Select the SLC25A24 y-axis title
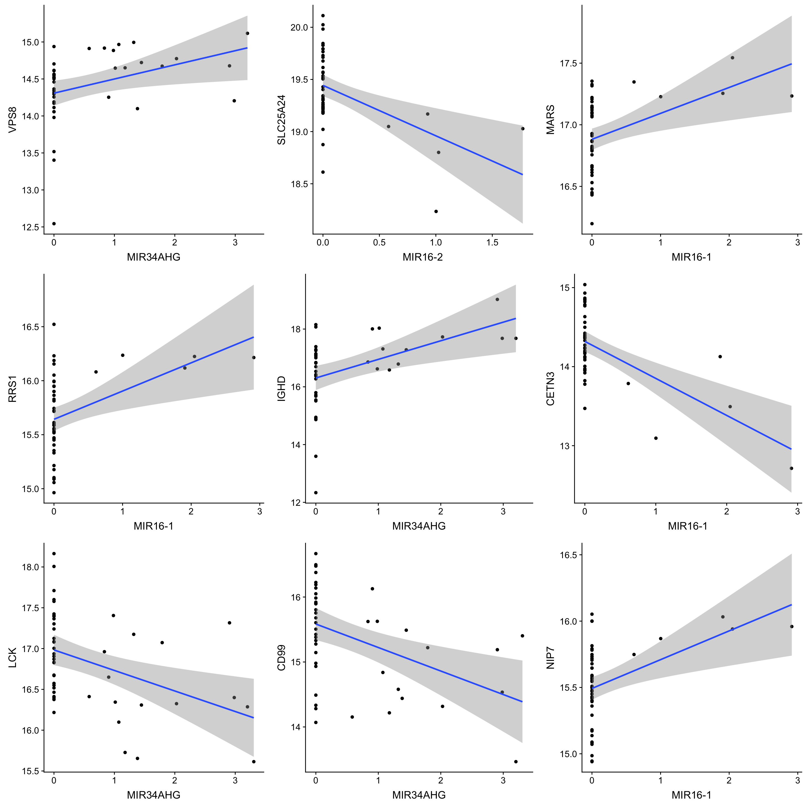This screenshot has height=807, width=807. click(282, 120)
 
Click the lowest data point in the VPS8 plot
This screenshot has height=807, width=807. click(54, 224)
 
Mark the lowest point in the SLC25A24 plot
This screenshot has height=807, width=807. click(436, 211)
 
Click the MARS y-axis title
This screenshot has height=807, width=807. click(551, 120)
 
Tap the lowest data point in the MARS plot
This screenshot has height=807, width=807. click(592, 224)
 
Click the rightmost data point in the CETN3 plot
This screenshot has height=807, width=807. click(791, 468)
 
